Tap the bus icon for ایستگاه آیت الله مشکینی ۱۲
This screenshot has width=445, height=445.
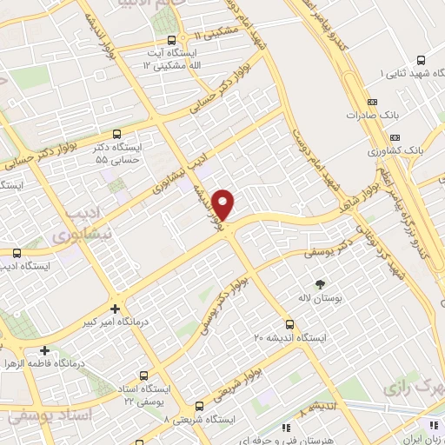tap(172, 40)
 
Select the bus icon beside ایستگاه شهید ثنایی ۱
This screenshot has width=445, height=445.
tap(421, 61)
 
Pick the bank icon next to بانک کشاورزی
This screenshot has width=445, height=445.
tap(395, 136)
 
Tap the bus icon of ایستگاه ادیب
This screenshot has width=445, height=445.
tap(17, 252)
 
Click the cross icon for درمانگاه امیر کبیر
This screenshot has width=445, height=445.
tap(116, 309)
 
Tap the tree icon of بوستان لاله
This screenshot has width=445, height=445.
tap(319, 284)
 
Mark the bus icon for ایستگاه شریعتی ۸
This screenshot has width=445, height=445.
tap(200, 406)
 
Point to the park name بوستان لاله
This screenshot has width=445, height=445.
tap(319, 299)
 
